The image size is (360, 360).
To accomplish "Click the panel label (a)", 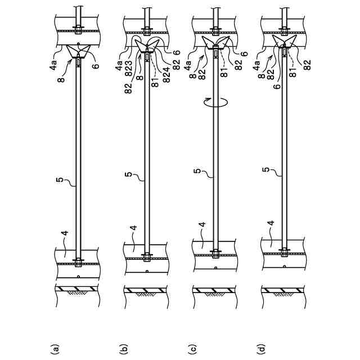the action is coord(56,349).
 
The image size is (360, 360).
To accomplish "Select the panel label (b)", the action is coord(125,349).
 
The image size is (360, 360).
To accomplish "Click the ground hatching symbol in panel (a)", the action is coord(76,291).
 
